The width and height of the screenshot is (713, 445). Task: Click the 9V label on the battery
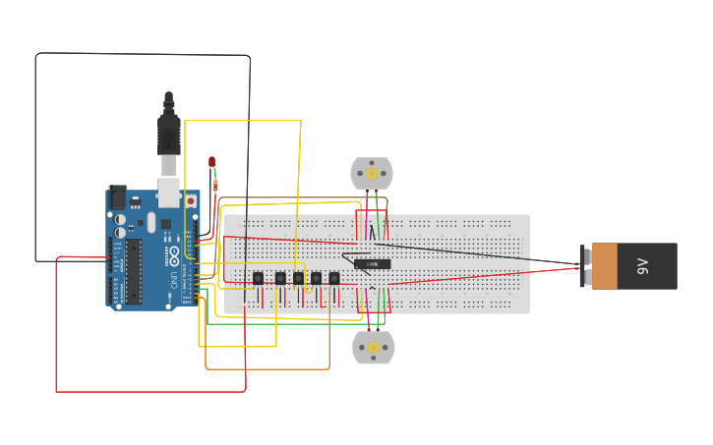pos(643,266)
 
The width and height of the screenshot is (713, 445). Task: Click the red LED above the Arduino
pos(211,162)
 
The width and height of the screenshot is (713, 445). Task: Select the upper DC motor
pos(373,174)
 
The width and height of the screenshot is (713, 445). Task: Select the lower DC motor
pos(373,348)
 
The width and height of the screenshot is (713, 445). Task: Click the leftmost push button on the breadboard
pos(258,279)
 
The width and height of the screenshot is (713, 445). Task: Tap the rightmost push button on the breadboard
pos(334,279)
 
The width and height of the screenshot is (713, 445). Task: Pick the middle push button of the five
pos(297,279)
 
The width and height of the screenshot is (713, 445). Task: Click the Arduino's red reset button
pos(190,200)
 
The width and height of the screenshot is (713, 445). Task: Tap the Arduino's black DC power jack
pos(117,196)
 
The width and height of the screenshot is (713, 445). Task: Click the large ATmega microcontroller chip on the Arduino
pos(132,269)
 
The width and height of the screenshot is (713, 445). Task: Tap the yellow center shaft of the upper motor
pos(373,174)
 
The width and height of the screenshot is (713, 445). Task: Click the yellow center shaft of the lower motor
pos(373,348)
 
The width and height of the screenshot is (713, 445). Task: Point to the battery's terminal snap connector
pos(585,266)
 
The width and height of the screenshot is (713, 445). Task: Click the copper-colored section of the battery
pos(605,266)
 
